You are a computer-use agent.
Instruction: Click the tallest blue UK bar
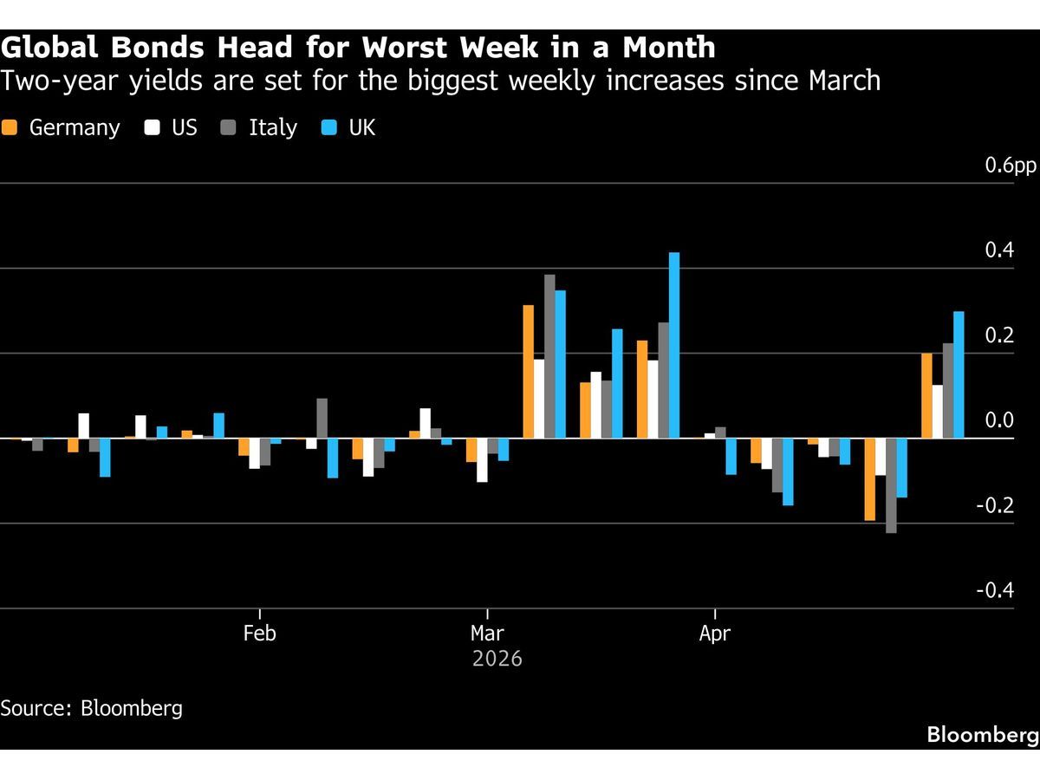click(x=674, y=345)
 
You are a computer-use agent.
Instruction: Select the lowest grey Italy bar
click(x=891, y=485)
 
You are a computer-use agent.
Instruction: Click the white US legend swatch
click(x=153, y=127)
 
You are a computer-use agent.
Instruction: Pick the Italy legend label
click(x=272, y=127)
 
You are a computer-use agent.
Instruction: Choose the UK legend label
click(x=361, y=127)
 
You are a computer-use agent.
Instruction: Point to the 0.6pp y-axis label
click(x=1010, y=166)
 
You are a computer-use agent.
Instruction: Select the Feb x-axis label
click(x=259, y=634)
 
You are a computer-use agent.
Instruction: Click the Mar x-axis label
click(x=488, y=634)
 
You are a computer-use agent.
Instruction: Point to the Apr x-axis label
click(x=714, y=634)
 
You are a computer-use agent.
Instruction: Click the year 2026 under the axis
click(x=497, y=659)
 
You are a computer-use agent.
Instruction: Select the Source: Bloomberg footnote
click(x=92, y=707)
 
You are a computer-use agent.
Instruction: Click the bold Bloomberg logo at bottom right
click(x=982, y=735)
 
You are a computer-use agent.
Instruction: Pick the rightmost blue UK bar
click(x=959, y=374)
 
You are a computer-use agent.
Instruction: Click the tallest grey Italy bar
click(x=549, y=356)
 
